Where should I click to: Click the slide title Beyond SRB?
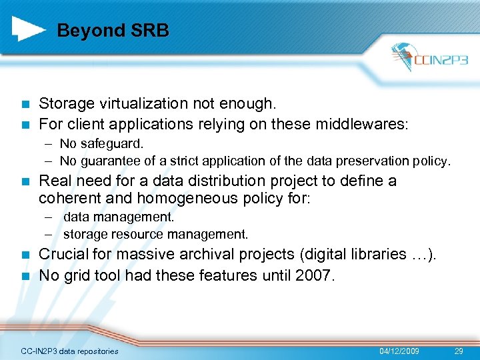point(113,31)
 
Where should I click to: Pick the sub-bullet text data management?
point(119,217)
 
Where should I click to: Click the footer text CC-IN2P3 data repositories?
point(69,351)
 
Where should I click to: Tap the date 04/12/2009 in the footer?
point(399,351)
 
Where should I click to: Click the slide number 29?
point(459,351)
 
